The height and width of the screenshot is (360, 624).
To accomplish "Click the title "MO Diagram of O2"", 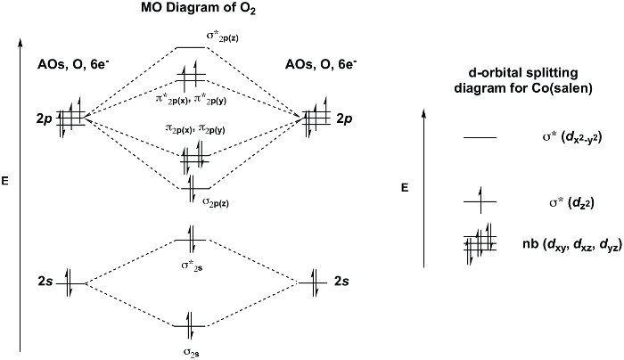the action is pyautogui.click(x=198, y=9).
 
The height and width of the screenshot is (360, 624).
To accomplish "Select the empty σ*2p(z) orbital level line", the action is pyautogui.click(x=190, y=48).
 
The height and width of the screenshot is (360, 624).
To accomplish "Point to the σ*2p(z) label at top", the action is pyautogui.click(x=222, y=37).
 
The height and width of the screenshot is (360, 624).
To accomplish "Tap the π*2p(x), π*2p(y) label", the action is pyautogui.click(x=191, y=100).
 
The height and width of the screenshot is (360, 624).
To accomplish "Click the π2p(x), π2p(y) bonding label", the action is pyautogui.click(x=195, y=128).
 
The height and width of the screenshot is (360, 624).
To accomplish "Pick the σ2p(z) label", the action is pyautogui.click(x=216, y=202).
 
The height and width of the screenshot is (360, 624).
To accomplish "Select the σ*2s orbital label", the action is pyautogui.click(x=192, y=266).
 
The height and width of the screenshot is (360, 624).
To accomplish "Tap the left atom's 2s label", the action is pyautogui.click(x=45, y=282).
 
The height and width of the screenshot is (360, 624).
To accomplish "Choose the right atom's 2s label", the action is pyautogui.click(x=341, y=282).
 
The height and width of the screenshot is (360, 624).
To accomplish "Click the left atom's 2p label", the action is pyautogui.click(x=45, y=119).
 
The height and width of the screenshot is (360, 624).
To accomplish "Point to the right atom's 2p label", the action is pyautogui.click(x=344, y=119).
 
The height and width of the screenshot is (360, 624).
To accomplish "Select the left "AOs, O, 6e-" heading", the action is pyautogui.click(x=73, y=64).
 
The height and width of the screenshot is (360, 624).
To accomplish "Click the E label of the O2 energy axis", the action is pyautogui.click(x=4, y=181).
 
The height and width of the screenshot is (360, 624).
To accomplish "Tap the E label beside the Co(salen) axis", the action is pyautogui.click(x=405, y=188).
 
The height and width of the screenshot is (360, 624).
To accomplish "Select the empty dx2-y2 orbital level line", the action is pyautogui.click(x=480, y=137).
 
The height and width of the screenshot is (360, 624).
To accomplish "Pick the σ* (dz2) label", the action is pyautogui.click(x=571, y=203).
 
